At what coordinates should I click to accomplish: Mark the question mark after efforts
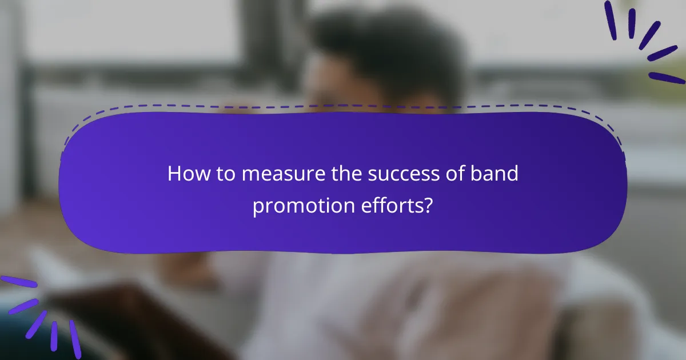428,206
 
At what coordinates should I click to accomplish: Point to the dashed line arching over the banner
343,106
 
